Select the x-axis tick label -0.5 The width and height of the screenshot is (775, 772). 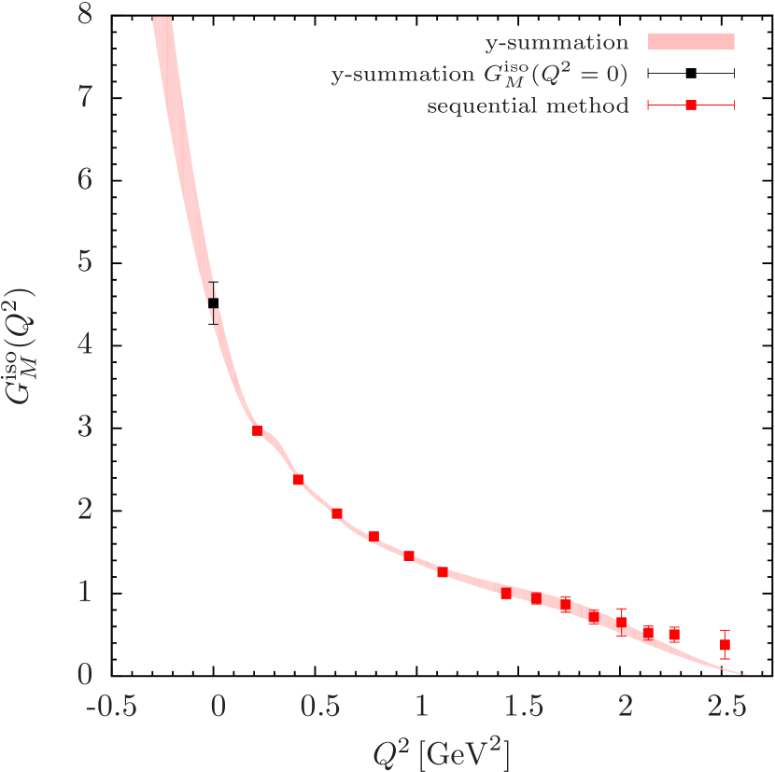click(109, 706)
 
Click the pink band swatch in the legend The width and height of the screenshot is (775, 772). click(692, 41)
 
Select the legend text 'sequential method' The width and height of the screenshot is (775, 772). click(528, 105)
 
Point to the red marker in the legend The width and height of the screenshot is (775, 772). click(691, 105)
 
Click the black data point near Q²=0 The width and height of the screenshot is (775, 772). click(214, 303)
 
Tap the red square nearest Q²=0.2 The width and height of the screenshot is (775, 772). click(257, 430)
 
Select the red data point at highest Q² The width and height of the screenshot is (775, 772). click(725, 645)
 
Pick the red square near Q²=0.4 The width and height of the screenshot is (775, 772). click(298, 479)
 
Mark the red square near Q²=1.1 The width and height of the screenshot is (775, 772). click(443, 572)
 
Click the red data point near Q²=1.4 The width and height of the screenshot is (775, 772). click(506, 593)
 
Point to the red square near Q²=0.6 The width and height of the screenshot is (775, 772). click(337, 512)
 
